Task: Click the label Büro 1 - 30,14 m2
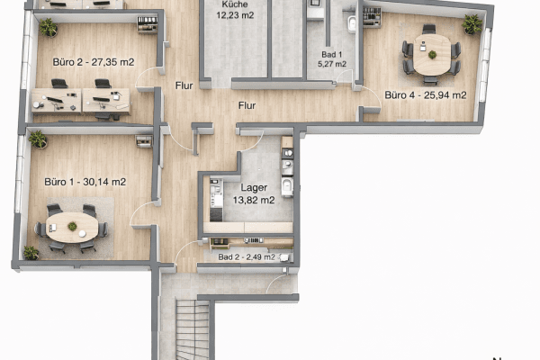[x=85, y=182]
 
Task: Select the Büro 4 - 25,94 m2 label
[x=425, y=94]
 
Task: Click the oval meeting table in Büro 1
[x=72, y=228]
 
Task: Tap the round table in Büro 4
[x=432, y=54]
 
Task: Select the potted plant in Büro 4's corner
[x=472, y=24]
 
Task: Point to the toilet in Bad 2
[x=284, y=257]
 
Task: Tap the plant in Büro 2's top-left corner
[x=48, y=27]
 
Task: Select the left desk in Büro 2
[x=56, y=101]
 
